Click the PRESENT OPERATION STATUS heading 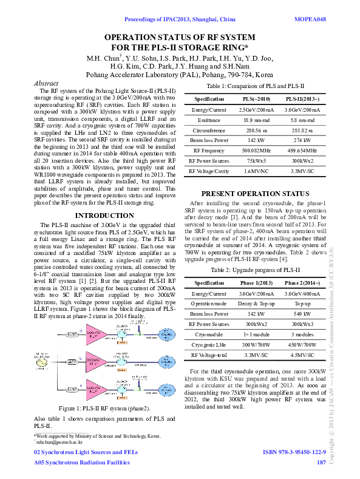(x=255, y=194)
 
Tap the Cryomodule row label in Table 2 (x=208, y=334)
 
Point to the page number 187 (x=321, y=463)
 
